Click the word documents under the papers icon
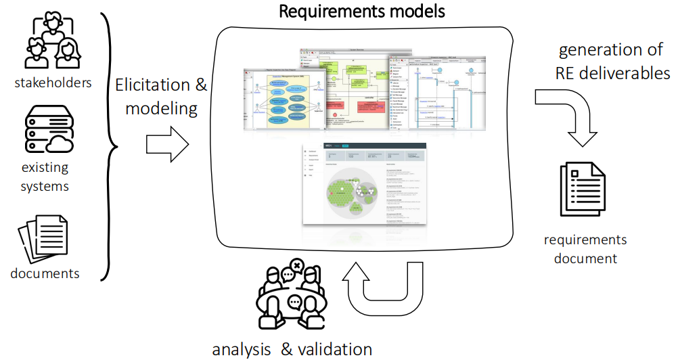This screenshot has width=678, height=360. [45, 273]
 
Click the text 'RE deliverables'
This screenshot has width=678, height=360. [613, 72]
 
